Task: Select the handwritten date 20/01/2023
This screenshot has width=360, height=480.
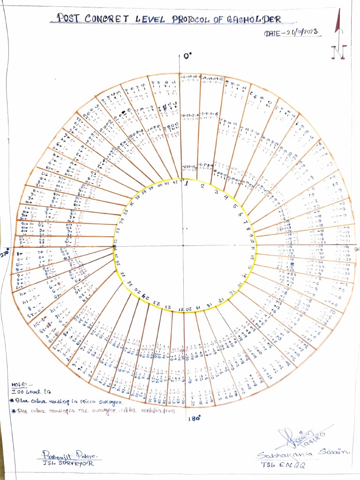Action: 298,32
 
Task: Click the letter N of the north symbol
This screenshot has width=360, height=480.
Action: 337,52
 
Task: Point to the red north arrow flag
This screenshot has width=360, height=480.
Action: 337,23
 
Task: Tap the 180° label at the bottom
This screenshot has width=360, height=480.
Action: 194,419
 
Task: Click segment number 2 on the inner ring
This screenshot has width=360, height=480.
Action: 202,186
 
